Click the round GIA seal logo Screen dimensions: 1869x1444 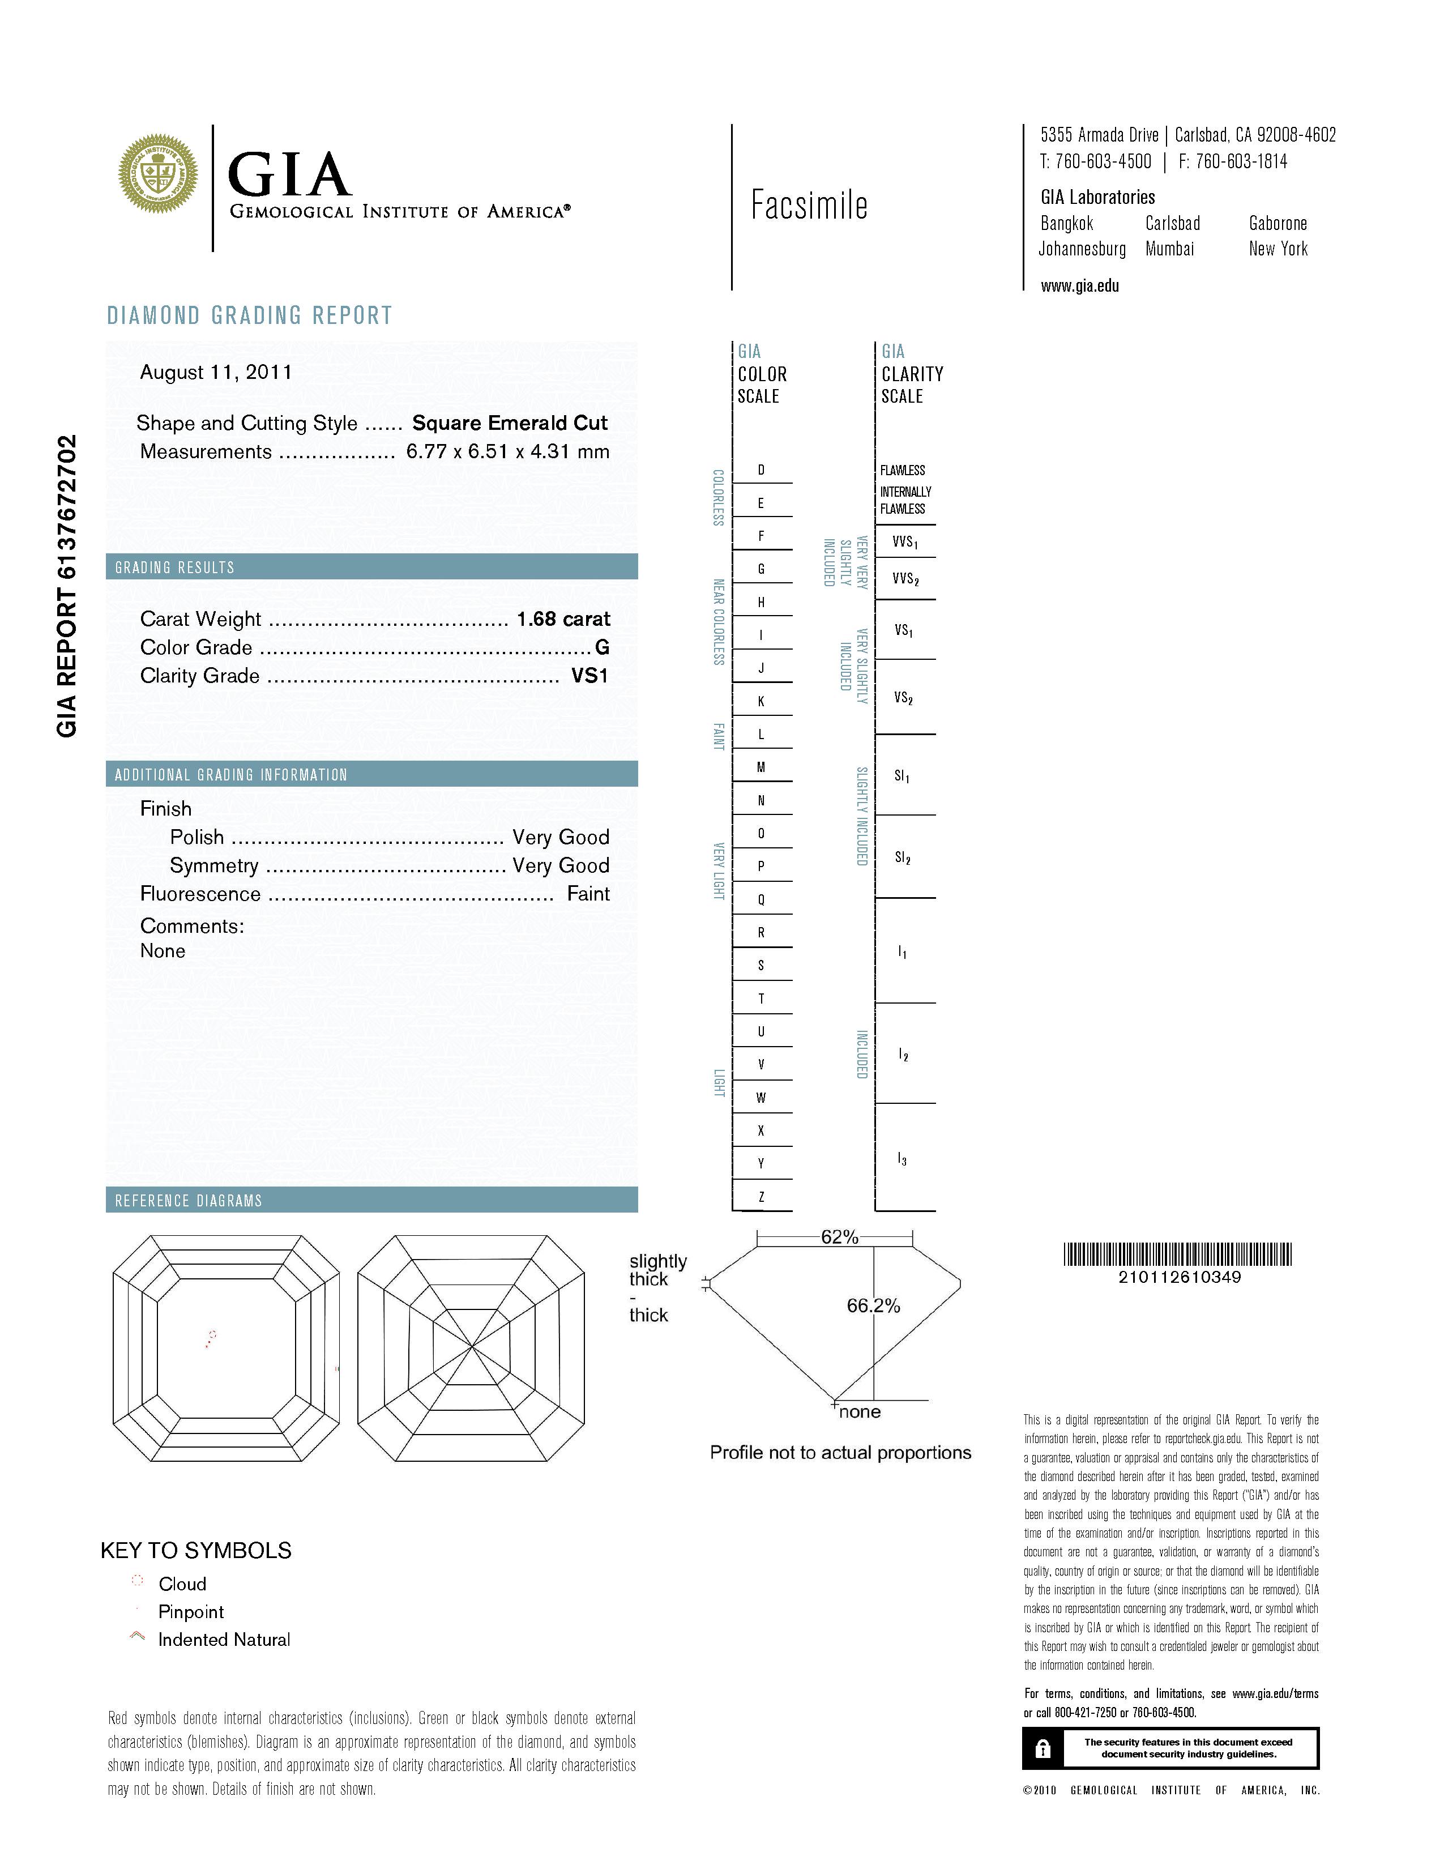click(157, 174)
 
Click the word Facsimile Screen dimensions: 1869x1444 click(809, 206)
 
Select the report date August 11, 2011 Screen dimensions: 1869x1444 click(216, 372)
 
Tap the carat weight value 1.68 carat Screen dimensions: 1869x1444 click(563, 618)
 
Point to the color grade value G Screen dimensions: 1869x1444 click(603, 648)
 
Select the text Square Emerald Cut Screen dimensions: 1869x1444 click(510, 423)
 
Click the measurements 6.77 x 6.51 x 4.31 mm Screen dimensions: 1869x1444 click(507, 452)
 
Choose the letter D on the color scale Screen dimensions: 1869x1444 click(761, 471)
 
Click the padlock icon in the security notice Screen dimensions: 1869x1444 click(1042, 1748)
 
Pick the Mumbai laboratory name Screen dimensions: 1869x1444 click(1169, 249)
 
